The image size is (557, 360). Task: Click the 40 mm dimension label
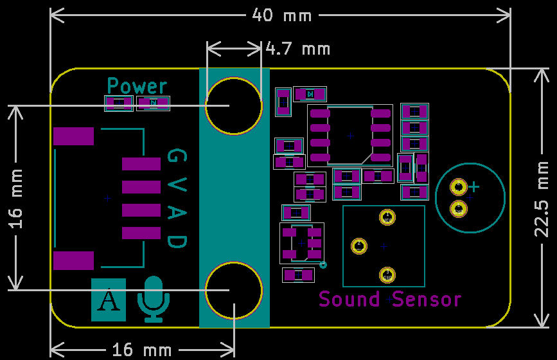pos(281,15)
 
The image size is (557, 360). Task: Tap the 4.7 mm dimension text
pos(297,48)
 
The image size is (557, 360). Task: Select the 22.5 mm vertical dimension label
pos(542,199)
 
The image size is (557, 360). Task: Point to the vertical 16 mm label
pos(15,198)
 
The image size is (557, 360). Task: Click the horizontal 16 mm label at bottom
pos(142,350)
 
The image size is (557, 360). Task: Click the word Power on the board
pos(137,86)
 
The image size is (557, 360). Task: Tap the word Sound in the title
pos(349,299)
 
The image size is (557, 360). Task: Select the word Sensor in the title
pos(427,299)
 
